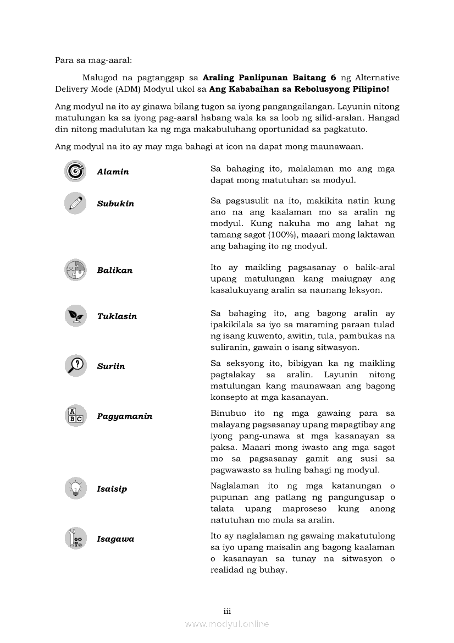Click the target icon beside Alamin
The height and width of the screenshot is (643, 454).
[x=75, y=171]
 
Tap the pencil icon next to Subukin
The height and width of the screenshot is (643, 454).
[x=75, y=203]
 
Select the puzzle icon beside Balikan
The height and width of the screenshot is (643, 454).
[x=75, y=270]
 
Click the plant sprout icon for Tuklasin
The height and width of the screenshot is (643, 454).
[x=75, y=316]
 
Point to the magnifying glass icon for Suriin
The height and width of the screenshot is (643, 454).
[x=75, y=366]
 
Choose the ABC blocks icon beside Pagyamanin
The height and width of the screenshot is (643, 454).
[x=75, y=416]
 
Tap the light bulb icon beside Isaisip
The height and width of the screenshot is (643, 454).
[x=75, y=488]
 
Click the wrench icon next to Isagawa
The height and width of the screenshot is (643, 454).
[x=75, y=538]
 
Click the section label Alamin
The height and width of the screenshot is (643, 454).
[x=113, y=172]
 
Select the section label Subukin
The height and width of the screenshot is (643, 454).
[x=115, y=204]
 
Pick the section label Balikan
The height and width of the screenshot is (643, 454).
[x=114, y=271]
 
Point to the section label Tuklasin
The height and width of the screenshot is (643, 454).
[x=117, y=316]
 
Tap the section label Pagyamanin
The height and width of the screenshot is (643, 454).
[x=125, y=416]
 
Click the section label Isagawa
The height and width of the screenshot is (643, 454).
[x=115, y=539]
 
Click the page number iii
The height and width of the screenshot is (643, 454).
[x=227, y=611]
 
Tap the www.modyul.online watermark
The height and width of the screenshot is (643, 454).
[x=227, y=624]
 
